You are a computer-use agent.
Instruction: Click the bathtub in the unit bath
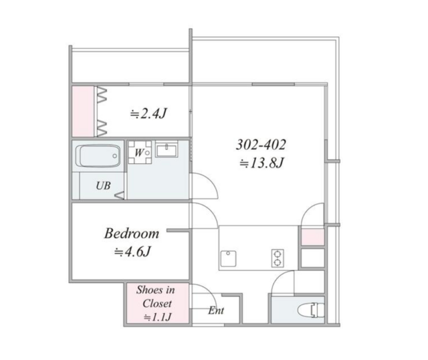[98, 156]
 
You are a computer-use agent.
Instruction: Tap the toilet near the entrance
[311, 310]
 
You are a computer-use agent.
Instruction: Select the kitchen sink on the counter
[228, 258]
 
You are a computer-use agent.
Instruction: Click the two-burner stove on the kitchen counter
[278, 258]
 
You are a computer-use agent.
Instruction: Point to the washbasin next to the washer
[167, 149]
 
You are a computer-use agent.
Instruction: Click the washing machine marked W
[140, 152]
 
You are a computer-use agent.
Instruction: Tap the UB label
[103, 186]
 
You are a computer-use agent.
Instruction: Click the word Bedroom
[132, 234]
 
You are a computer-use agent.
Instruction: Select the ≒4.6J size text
[132, 252]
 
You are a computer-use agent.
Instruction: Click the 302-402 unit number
[261, 145]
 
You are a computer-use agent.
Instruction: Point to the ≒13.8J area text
[261, 163]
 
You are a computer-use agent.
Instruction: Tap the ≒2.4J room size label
[148, 113]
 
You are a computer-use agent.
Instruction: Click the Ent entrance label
[216, 310]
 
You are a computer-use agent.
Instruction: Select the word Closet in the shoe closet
[157, 304]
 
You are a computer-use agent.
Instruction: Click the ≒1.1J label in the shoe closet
[158, 317]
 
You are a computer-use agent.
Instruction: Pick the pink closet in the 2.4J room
[83, 111]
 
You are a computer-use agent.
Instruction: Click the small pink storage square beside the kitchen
[312, 237]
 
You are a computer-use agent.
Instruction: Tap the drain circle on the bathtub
[114, 156]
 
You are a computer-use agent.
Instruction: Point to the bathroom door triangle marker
[120, 195]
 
